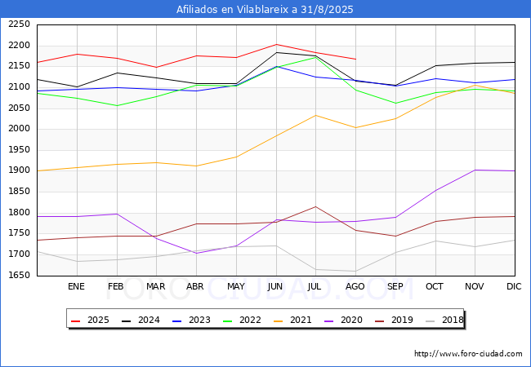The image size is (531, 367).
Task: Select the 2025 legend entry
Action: [x=90, y=320]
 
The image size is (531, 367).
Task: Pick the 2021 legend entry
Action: [x=292, y=320]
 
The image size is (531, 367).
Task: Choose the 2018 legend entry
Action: [x=444, y=320]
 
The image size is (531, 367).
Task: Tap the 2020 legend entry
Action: [x=343, y=320]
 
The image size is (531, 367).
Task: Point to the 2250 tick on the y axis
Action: [x=19, y=24]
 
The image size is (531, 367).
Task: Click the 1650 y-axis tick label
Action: [x=19, y=275]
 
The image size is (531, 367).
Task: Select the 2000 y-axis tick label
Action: [x=19, y=129]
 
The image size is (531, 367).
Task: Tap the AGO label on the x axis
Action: [x=355, y=286]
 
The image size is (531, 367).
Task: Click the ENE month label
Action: [x=76, y=286]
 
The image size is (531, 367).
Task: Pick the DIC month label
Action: [x=514, y=286]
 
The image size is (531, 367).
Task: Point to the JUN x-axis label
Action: [x=275, y=286]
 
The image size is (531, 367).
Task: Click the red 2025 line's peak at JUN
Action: [x=276, y=44]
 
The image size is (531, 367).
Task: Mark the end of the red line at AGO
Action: [x=356, y=60]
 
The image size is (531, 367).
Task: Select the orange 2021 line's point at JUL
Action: [x=316, y=115]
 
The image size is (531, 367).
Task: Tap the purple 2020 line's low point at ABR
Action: [x=196, y=253]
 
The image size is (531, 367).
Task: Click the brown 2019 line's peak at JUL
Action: [x=316, y=206]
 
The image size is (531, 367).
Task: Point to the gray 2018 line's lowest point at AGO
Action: [x=356, y=271]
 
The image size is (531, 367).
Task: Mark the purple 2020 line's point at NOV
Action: [x=475, y=170]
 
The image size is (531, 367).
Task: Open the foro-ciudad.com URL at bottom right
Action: [x=468, y=354]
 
